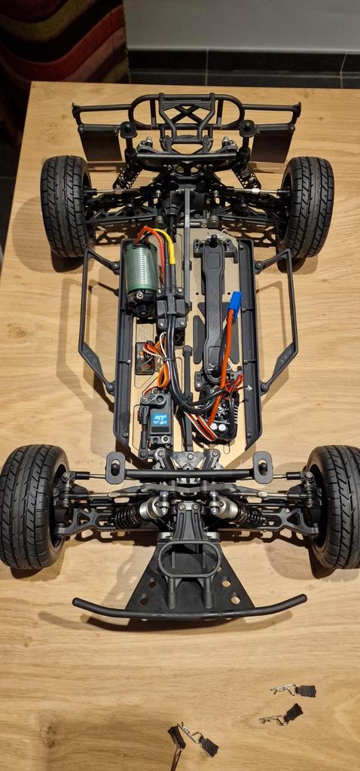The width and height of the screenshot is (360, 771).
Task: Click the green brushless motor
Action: click(143, 269)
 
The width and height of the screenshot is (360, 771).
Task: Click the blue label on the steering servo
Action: click(160, 419)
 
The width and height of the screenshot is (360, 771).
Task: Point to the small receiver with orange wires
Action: click(145, 358)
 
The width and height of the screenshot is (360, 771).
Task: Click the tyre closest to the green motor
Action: click(65, 206)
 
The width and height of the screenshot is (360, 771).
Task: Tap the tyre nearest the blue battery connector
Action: click(306, 206)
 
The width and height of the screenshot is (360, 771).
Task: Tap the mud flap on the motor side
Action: click(100, 143)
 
